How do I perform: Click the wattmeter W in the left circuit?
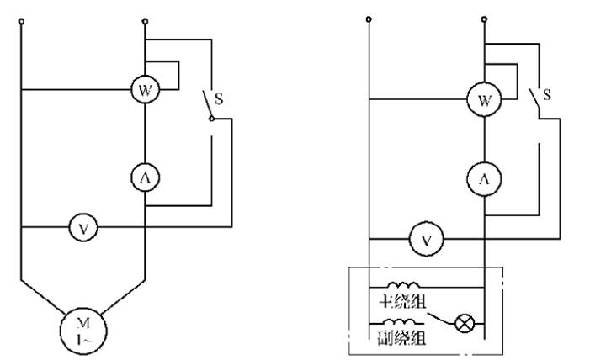click(x=145, y=89)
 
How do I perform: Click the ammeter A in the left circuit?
click(x=145, y=177)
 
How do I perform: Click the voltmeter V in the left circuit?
click(x=82, y=226)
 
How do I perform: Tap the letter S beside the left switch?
click(x=218, y=98)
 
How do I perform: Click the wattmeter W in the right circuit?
click(x=485, y=101)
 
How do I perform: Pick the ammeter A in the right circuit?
click(x=485, y=179)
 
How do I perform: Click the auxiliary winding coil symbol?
click(x=401, y=323)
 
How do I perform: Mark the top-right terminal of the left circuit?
click(x=145, y=21)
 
